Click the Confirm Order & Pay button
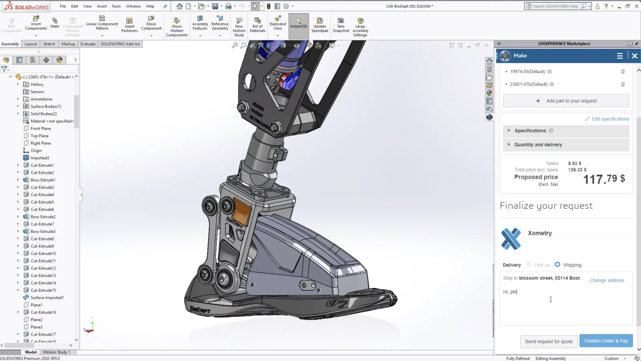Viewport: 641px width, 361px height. (x=606, y=341)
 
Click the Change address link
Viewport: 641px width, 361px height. (x=607, y=280)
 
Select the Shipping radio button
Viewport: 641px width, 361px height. (x=557, y=264)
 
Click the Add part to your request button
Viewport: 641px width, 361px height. (x=566, y=101)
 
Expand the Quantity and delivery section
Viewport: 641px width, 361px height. (x=538, y=144)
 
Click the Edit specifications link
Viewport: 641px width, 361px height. (x=610, y=119)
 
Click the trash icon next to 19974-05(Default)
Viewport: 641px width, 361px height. (x=623, y=71)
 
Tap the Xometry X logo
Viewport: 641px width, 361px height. (x=511, y=239)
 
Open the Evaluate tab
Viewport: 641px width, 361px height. (x=88, y=44)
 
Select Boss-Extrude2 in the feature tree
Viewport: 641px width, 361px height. (x=43, y=217)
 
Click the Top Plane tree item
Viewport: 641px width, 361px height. (x=39, y=136)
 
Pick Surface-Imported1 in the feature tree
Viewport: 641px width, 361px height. (x=47, y=298)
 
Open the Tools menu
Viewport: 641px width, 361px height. (x=116, y=6)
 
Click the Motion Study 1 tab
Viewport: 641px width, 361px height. (x=56, y=352)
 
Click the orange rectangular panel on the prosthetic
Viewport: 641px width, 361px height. (x=242, y=211)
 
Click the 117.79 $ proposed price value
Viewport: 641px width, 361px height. (x=604, y=179)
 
